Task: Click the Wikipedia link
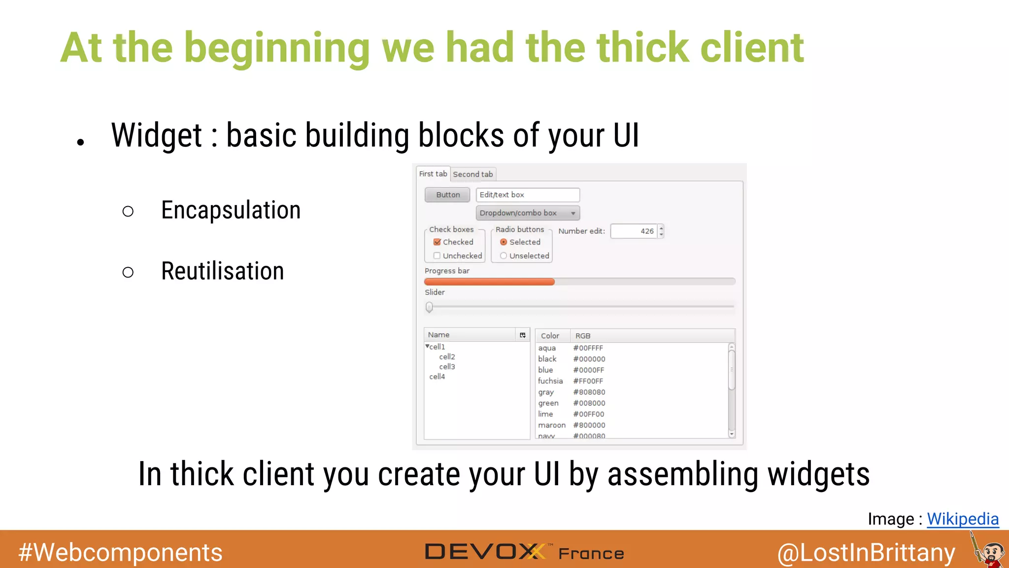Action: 963,519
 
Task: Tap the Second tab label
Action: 473,174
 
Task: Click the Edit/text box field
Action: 528,195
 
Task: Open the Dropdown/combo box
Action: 528,213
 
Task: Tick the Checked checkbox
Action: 437,242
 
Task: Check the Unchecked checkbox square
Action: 437,255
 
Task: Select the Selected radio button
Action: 504,242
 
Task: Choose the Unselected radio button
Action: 504,255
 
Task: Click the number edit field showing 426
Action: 634,231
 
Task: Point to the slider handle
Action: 429,307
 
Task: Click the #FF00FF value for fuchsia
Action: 588,381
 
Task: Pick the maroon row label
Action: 552,425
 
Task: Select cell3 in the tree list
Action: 447,367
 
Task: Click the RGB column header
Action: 583,336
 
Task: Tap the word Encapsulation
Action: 231,211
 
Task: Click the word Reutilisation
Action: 223,271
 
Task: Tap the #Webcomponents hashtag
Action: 121,552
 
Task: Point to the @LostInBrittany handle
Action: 866,553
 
